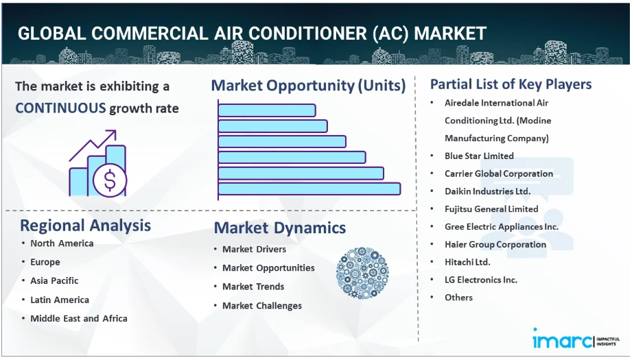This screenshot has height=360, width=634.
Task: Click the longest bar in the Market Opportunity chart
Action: coord(309,189)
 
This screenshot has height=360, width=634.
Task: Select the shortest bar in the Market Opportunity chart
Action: coord(267,110)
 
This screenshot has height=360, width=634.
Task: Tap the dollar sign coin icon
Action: coord(110,180)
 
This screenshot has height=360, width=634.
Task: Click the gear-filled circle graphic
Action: coord(362,273)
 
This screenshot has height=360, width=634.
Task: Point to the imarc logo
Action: coord(576,339)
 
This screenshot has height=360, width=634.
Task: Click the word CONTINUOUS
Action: coord(60,108)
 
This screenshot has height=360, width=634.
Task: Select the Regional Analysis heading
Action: coord(85,226)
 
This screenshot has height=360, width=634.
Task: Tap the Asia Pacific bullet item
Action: coord(54,281)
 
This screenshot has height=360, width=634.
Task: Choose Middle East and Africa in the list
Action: coord(79,318)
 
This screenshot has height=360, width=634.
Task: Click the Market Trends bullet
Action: coord(253,287)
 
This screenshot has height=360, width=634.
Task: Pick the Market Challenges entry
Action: coord(262,306)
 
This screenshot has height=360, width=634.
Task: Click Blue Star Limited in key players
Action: coord(479,156)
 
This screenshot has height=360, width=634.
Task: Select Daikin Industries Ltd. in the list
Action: coord(488,191)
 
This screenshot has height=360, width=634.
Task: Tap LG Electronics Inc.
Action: coord(481,280)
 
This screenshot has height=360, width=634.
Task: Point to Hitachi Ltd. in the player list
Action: coord(467,262)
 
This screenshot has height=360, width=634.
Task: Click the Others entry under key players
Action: coord(458,298)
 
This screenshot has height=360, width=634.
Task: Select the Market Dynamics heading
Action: coord(280,228)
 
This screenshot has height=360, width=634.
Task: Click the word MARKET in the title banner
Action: coord(450,34)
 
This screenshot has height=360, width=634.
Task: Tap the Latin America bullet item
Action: coord(60,300)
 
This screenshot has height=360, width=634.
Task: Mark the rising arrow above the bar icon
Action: coord(93,145)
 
